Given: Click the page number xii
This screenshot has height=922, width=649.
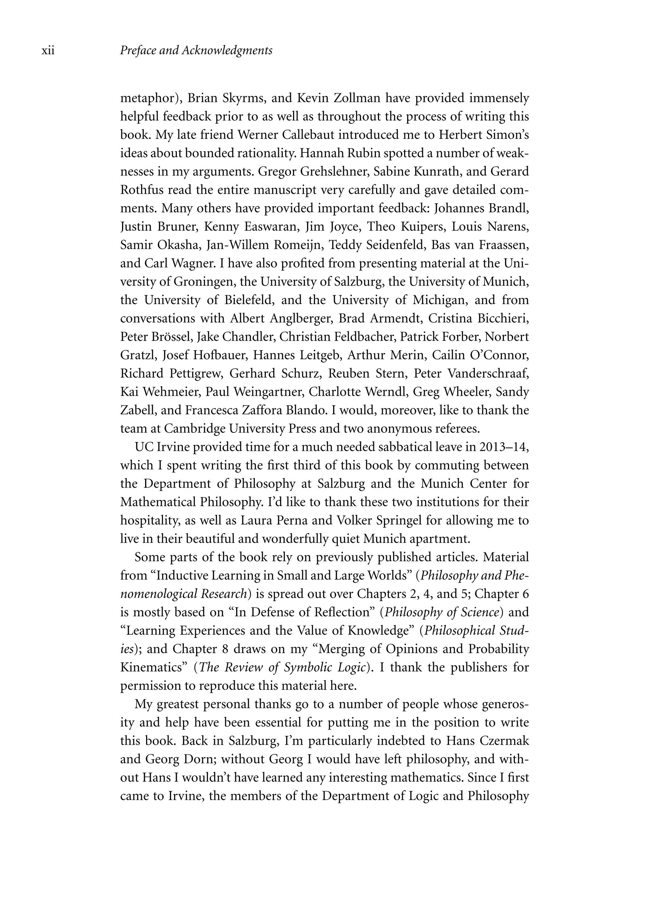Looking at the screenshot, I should tap(48, 51).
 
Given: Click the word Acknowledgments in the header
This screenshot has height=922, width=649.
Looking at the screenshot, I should tap(227, 51).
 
